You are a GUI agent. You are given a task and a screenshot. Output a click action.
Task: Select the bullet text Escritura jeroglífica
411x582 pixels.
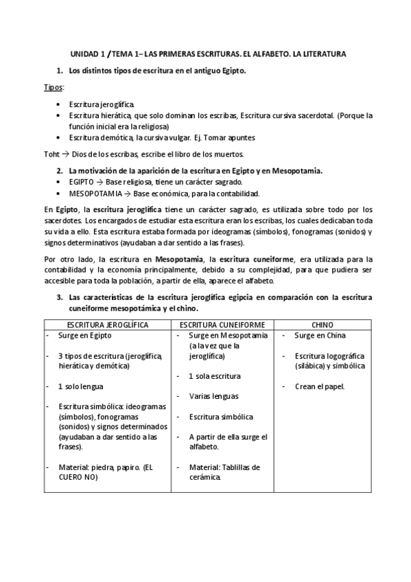pos(97,104)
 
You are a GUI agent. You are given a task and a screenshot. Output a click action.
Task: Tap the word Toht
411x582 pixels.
pos(51,152)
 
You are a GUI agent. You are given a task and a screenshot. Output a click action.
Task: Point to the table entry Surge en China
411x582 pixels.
pos(320,336)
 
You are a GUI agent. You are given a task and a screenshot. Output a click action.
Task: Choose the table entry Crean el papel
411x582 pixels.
pos(320,386)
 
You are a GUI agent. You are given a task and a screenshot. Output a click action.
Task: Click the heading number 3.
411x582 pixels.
pos(60,298)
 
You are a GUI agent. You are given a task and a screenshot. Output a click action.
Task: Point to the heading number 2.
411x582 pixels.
pos(60,170)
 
